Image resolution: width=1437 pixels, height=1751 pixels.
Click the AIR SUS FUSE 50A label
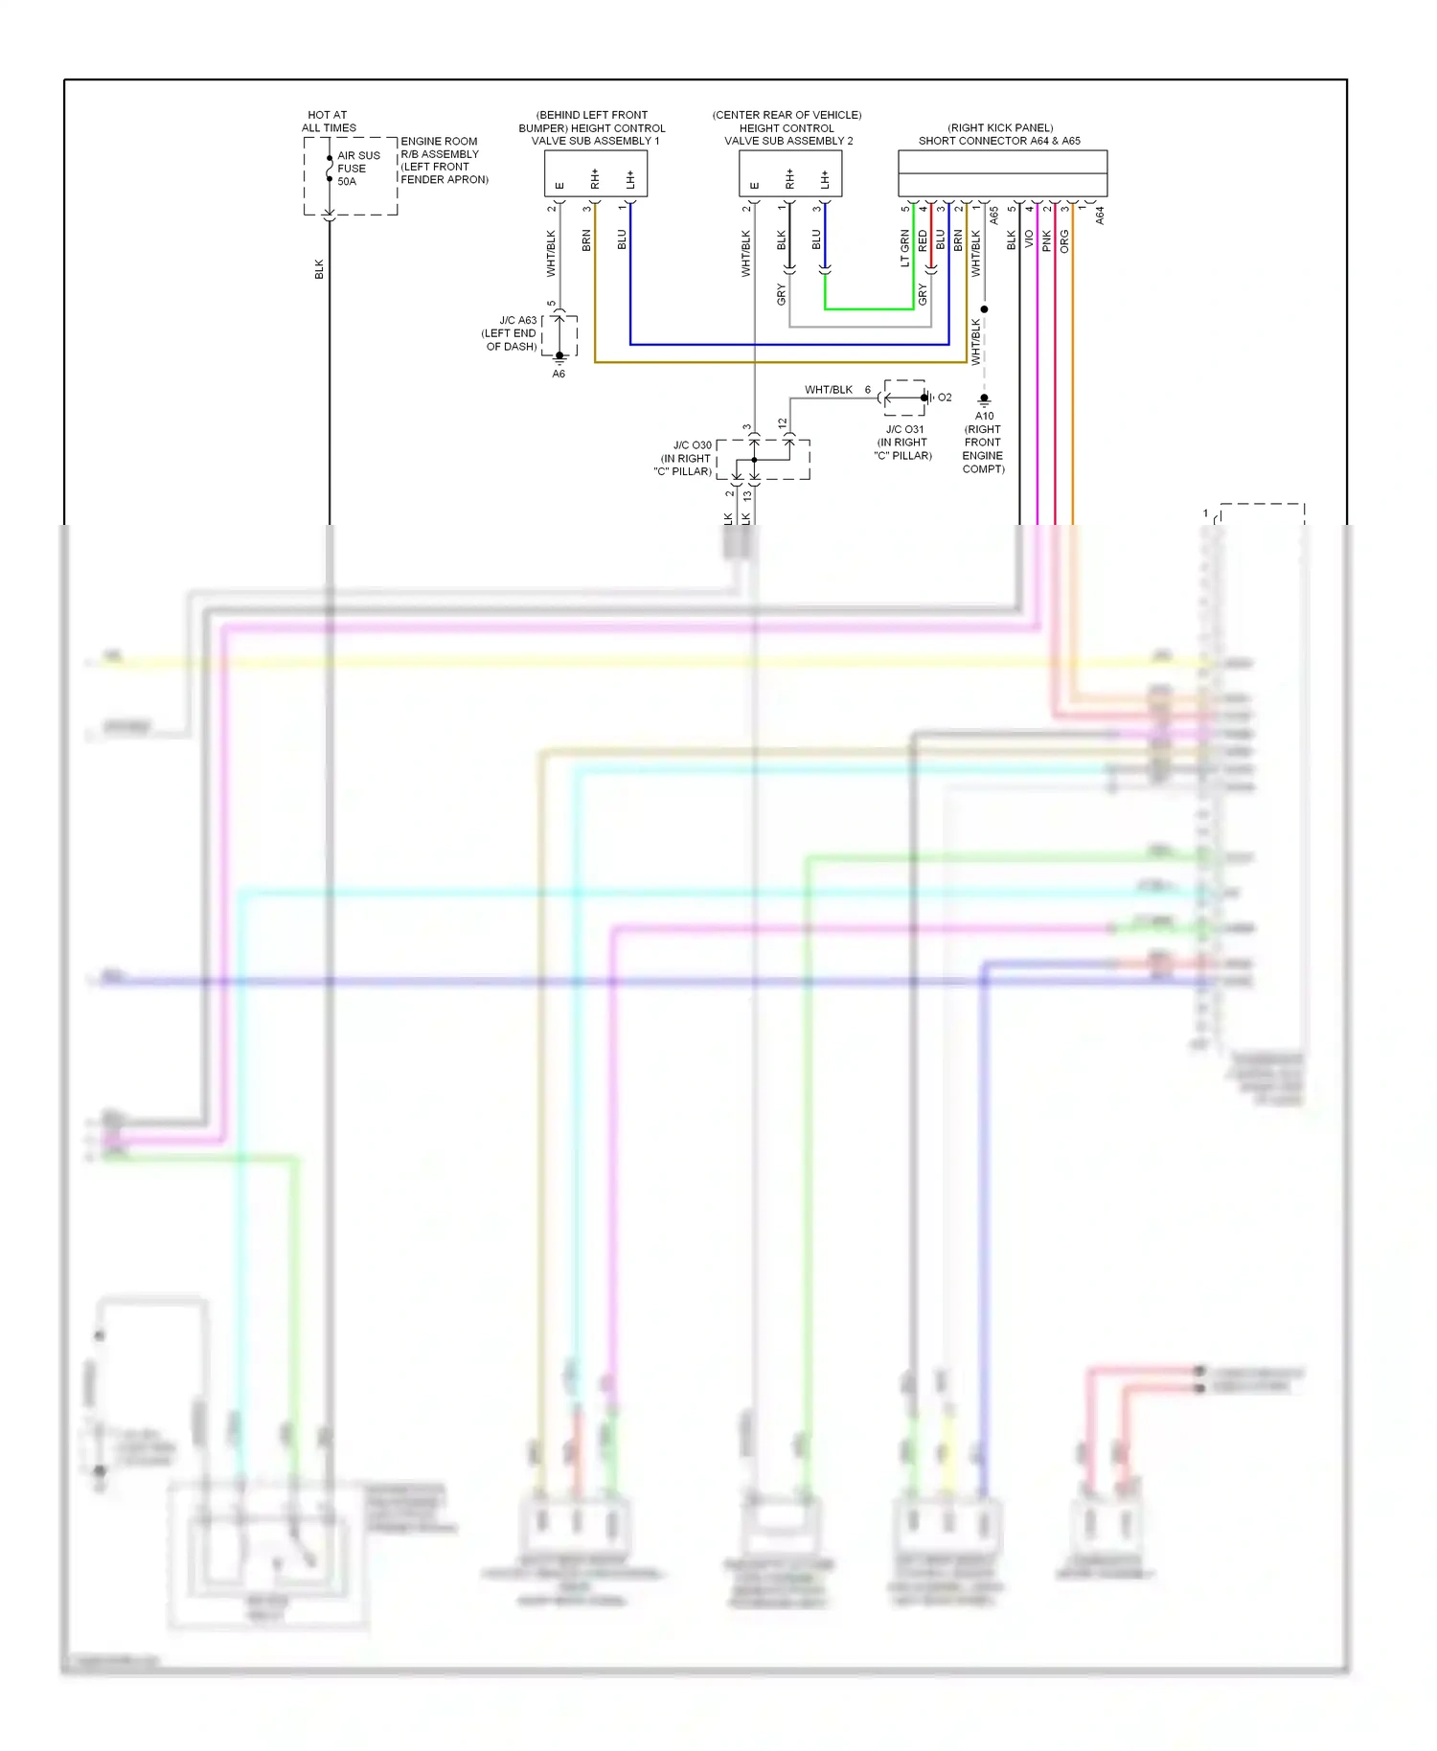[x=357, y=169]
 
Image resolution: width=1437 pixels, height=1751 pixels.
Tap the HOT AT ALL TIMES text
[x=329, y=122]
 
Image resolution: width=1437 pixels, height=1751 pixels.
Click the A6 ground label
[x=559, y=375]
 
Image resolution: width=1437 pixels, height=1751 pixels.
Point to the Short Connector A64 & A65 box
[x=1002, y=173]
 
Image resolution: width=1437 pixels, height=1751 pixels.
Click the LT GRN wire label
[x=904, y=248]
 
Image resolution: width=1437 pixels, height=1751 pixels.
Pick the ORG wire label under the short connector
[x=1064, y=241]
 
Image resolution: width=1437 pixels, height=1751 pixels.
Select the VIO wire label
[x=1029, y=239]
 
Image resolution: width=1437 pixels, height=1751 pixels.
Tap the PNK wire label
[x=1047, y=241]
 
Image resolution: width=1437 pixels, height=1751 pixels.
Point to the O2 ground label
[x=945, y=398]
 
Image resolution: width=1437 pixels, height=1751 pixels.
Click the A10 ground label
[x=984, y=416]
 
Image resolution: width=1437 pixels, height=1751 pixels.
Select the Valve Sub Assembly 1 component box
[x=595, y=173]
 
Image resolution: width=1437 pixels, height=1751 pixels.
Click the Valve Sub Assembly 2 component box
[x=789, y=173]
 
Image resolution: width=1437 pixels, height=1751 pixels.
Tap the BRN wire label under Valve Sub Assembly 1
[x=586, y=240]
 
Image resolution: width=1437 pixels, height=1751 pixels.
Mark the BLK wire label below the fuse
[x=319, y=269]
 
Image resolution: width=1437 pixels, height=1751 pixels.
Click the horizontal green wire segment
[x=869, y=309]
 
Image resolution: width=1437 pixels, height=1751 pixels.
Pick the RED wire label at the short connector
[x=923, y=240]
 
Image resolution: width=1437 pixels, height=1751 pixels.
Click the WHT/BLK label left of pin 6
[x=828, y=390]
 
